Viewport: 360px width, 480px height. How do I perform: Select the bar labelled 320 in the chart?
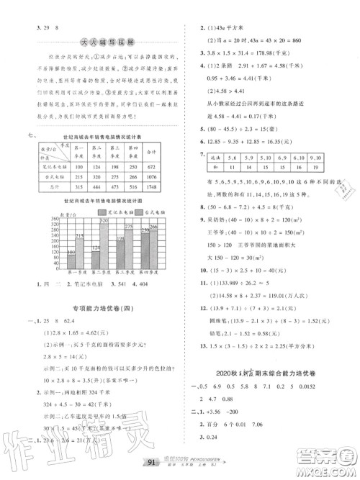point(104,249)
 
